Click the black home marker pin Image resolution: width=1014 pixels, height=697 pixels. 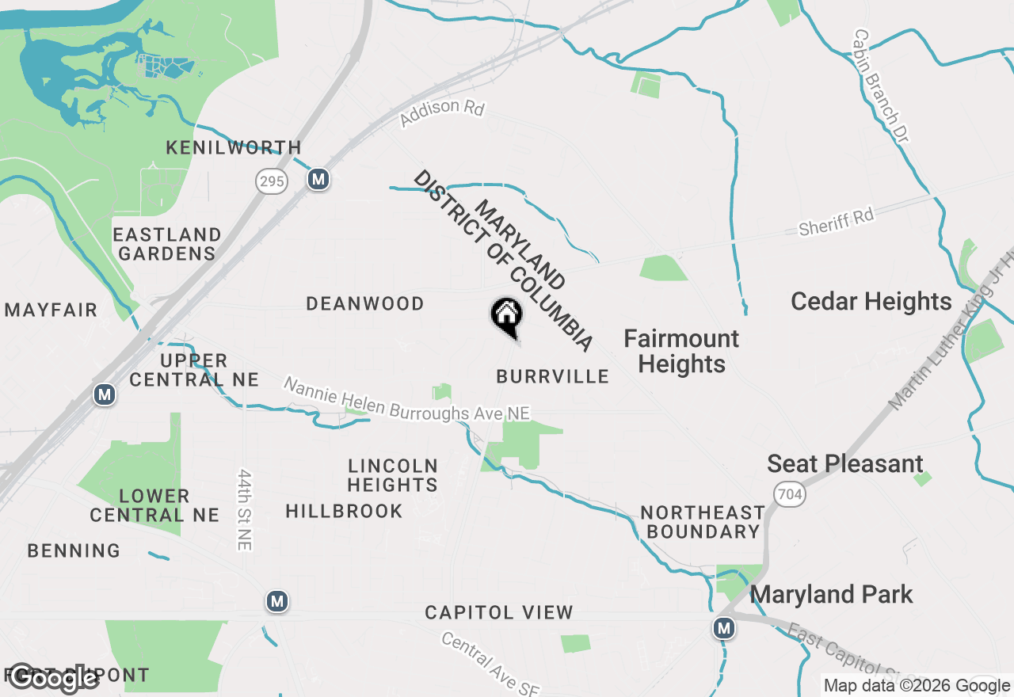pyautogui.click(x=506, y=317)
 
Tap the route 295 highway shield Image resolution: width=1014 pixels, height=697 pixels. pyautogui.click(x=271, y=181)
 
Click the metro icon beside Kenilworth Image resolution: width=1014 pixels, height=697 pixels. pyautogui.click(x=318, y=180)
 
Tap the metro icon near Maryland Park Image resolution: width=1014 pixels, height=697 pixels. pyautogui.click(x=723, y=629)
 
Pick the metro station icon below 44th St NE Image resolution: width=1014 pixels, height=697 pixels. pyautogui.click(x=276, y=602)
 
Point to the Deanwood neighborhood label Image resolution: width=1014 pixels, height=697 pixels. pyautogui.click(x=365, y=303)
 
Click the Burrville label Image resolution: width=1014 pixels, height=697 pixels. pyautogui.click(x=553, y=376)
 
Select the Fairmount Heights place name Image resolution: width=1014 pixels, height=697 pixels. pyautogui.click(x=681, y=351)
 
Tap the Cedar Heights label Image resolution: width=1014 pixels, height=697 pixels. pyautogui.click(x=871, y=302)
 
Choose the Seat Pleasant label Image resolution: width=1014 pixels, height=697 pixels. pyautogui.click(x=845, y=464)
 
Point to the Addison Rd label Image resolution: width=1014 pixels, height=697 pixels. pyautogui.click(x=441, y=113)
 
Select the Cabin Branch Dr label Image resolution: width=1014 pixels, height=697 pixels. pyautogui.click(x=881, y=87)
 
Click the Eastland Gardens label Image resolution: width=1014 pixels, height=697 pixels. pyautogui.click(x=166, y=244)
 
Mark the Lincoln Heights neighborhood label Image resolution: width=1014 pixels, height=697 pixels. pyautogui.click(x=393, y=475)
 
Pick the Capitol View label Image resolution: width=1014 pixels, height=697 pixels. pyautogui.click(x=499, y=612)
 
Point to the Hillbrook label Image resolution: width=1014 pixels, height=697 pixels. pyautogui.click(x=345, y=512)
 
